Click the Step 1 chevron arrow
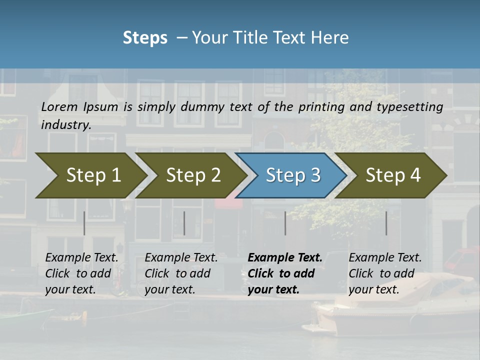[x=92, y=175]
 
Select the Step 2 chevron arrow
[x=192, y=175]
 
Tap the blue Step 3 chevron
[x=292, y=175]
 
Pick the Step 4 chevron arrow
[x=392, y=175]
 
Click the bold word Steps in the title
[x=145, y=38]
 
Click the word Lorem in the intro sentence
[x=59, y=106]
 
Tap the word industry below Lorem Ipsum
[x=66, y=124]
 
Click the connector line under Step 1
[x=84, y=223]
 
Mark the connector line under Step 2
[x=184, y=223]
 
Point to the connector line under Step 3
[x=285, y=223]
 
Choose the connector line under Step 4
[x=386, y=223]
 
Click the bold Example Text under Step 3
[x=285, y=258]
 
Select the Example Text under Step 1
[x=82, y=258]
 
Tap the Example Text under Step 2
[x=181, y=258]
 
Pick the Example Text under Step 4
[x=385, y=258]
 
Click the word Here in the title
[x=332, y=38]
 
